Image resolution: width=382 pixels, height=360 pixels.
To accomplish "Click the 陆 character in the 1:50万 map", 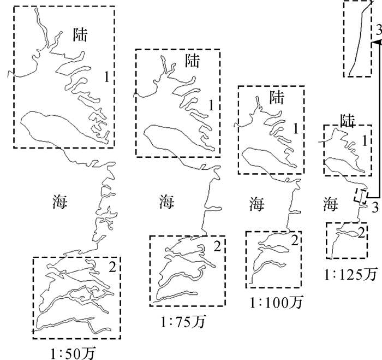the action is [81, 36].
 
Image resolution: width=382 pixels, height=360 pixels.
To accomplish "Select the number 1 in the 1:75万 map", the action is [211, 104].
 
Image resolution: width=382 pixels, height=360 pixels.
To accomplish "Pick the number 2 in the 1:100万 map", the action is [294, 239].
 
